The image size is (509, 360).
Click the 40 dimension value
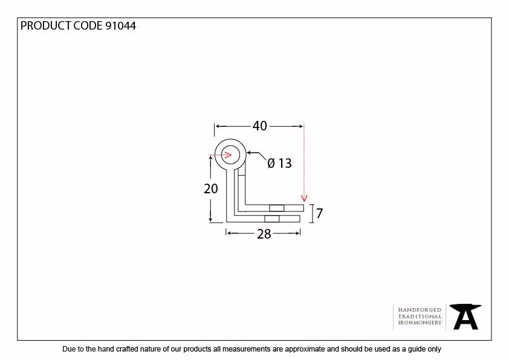click(260, 126)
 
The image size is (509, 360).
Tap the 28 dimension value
click(264, 234)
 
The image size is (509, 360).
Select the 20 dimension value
click(211, 188)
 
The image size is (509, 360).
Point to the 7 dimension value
click(319, 213)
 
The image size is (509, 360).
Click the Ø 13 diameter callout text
click(279, 163)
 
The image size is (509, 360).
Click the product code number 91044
click(120, 26)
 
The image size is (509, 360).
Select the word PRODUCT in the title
click(46, 26)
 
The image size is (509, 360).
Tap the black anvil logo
click(465, 317)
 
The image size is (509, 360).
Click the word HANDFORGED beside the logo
click(420, 310)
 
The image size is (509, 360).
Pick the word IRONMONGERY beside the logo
click(420, 323)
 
